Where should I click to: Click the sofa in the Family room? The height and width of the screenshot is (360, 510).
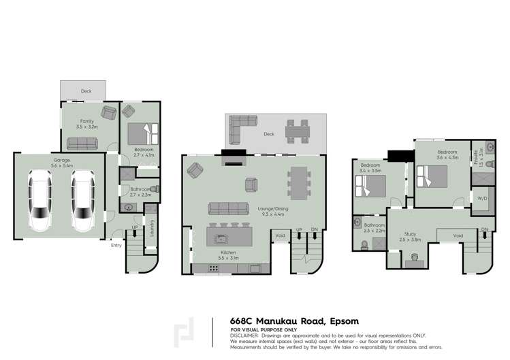click(82, 144)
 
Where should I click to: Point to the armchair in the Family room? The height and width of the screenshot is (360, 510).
click(109, 112)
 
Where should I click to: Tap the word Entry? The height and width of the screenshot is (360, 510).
click(116, 246)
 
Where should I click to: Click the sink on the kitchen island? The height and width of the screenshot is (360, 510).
click(221, 238)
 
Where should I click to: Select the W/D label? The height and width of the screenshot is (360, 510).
click(483, 199)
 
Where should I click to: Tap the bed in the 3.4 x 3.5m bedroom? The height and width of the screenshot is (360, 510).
click(370, 183)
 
